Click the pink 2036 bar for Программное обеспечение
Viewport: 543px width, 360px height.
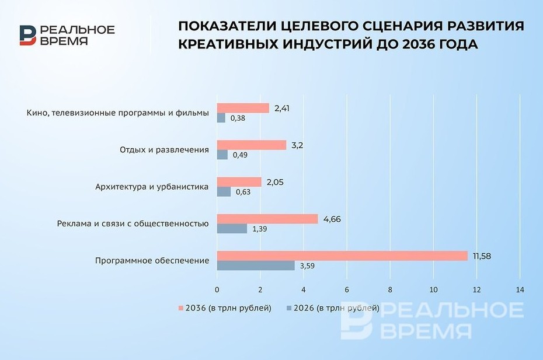tap(342, 256)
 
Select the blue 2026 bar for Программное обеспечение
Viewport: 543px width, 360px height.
tap(256, 265)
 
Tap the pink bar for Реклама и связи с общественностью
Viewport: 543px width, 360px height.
tap(267, 219)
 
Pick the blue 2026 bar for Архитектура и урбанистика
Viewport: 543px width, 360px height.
tap(224, 192)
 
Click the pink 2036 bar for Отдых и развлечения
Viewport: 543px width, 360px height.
tap(252, 145)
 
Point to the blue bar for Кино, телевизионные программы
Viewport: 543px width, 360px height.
tap(221, 118)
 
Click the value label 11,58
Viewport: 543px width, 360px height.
tap(482, 257)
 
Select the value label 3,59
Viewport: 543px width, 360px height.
tap(307, 266)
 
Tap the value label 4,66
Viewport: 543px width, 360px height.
tap(332, 219)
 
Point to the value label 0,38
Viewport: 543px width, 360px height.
tap(238, 118)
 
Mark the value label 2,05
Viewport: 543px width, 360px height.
tap(275, 183)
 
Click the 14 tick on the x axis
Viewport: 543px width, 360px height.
tap(520, 290)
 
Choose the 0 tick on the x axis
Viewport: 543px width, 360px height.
tap(217, 290)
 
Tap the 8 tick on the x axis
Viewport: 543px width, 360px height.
tap(390, 290)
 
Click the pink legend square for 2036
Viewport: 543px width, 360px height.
tap(180, 308)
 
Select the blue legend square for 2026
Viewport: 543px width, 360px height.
tap(289, 308)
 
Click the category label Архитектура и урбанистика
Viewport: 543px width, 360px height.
tap(152, 187)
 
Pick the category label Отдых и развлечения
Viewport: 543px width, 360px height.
tap(164, 150)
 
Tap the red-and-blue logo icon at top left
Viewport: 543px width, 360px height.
tap(27, 36)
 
